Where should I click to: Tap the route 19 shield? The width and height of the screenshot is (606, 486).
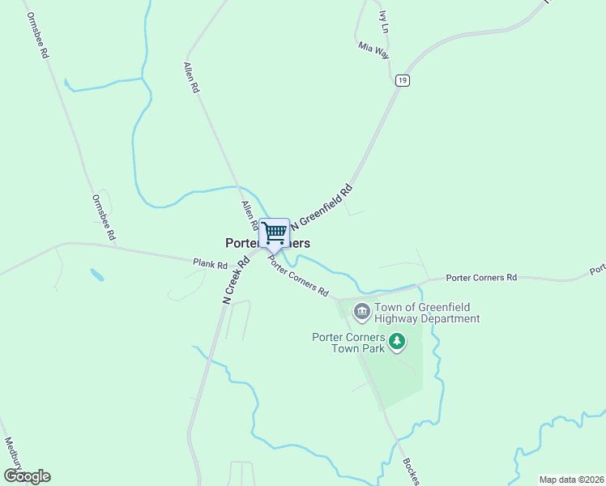coord(403,80)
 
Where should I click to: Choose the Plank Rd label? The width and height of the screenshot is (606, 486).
coord(210,264)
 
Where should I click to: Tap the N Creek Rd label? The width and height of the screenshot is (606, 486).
coord(235,281)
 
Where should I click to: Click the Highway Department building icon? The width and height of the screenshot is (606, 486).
coord(361,309)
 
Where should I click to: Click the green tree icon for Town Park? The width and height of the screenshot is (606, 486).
coord(397,342)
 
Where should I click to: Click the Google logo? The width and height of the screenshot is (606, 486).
coord(27,476)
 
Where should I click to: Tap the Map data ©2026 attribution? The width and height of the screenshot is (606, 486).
coord(570,479)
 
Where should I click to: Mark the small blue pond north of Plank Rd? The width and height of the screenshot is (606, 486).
coord(97,275)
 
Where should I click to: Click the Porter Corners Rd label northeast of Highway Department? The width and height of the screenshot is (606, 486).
coord(481,278)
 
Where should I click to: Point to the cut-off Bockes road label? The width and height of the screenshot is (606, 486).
coord(411,472)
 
